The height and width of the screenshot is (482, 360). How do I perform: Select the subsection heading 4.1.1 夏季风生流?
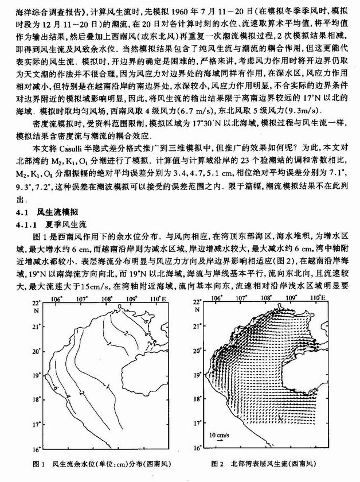pyautogui.click(x=47, y=223)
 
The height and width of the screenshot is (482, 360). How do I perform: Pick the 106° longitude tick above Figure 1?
pyautogui.click(x=56, y=297)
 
